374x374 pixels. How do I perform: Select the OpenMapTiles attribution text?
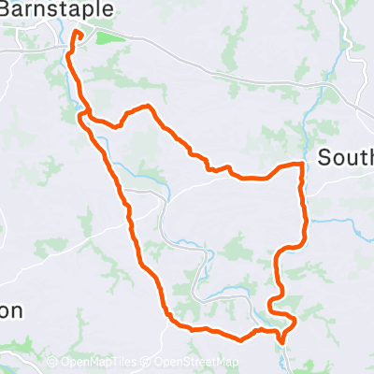pos(99,362)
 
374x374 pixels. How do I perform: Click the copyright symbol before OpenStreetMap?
pos(147,362)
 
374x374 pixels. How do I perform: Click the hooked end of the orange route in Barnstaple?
pos(78,36)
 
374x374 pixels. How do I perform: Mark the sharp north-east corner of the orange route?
pos(302,165)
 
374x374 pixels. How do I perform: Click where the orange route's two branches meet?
pos(83,116)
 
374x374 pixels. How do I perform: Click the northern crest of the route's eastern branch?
pos(145,107)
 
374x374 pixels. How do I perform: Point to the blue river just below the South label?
pos(337,222)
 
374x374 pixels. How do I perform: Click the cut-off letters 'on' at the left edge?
pos(9,310)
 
